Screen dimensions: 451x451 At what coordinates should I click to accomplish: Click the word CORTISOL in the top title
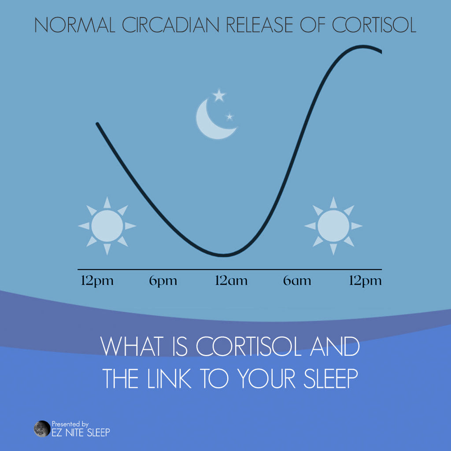[374, 25]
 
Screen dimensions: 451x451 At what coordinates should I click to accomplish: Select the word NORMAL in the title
[74, 25]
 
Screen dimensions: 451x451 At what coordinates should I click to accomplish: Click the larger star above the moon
[219, 95]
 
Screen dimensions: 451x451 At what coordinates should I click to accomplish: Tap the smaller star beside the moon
[229, 117]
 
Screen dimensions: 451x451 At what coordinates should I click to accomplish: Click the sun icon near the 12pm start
[107, 225]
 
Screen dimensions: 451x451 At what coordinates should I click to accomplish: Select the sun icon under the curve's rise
[333, 225]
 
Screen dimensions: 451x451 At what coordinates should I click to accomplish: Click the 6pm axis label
[163, 281]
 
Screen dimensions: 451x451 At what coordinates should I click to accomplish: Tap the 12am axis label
[231, 281]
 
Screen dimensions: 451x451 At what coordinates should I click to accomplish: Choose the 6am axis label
[297, 281]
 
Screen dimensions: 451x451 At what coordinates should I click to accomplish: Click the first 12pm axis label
[97, 281]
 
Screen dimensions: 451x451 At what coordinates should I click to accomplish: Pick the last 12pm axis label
[365, 281]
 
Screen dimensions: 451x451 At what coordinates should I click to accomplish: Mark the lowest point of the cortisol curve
[225, 255]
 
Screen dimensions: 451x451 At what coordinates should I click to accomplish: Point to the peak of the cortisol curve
[364, 46]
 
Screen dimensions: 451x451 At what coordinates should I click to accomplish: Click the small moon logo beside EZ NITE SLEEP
[42, 429]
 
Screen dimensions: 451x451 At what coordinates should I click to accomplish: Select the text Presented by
[70, 424]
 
